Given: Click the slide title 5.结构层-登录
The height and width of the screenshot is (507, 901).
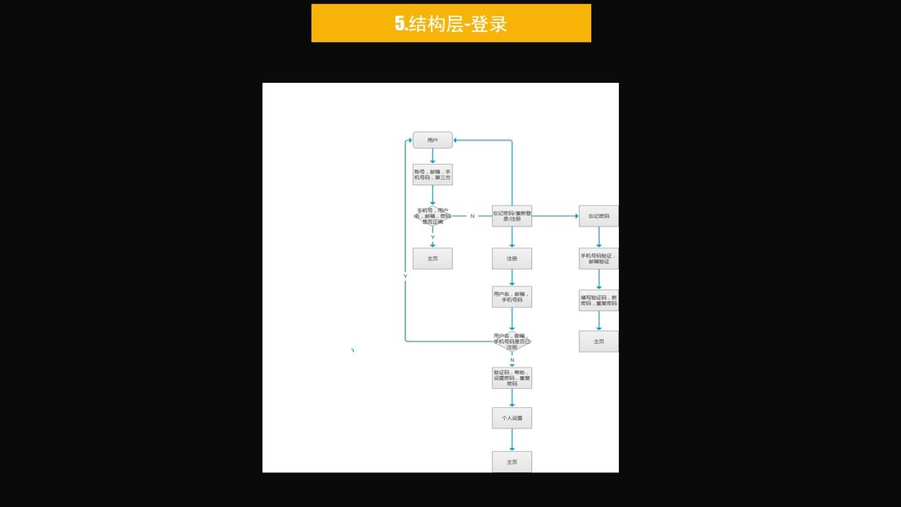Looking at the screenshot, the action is (451, 24).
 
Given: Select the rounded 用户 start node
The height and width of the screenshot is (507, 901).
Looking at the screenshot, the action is (432, 139).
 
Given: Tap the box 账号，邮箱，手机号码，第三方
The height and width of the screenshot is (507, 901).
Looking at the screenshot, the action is (432, 175).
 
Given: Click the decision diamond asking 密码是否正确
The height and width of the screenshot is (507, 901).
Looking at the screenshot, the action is (432, 216).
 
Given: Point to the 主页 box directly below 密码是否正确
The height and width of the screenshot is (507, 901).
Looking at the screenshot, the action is (432, 258).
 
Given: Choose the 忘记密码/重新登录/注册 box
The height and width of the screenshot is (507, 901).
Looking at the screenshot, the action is (512, 216).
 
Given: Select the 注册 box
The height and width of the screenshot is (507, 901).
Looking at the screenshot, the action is (512, 259).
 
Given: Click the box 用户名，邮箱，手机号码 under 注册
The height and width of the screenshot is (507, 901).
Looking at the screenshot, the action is (512, 297).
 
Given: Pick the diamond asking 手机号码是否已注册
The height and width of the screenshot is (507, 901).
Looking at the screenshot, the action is (512, 341).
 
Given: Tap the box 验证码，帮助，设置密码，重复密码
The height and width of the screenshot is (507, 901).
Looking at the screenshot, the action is (512, 378).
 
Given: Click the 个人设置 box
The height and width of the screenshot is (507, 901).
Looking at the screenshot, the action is (512, 417).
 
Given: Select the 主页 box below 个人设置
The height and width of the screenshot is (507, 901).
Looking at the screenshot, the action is (512, 461).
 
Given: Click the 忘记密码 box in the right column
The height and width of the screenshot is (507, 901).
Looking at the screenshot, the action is (599, 216).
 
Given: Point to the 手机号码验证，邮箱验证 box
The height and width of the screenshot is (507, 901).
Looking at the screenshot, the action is (599, 259).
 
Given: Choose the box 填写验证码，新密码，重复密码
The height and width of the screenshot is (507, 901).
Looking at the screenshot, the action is (599, 300).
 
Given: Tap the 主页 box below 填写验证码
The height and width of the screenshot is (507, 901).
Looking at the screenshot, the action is (599, 341).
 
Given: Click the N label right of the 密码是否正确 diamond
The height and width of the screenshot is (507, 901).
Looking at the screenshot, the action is (472, 216).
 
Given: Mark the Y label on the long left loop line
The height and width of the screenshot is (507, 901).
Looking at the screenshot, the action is (405, 276).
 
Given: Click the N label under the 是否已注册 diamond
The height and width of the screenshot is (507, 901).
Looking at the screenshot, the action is (512, 360).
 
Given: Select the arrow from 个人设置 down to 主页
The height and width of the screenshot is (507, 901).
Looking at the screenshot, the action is (512, 439).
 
